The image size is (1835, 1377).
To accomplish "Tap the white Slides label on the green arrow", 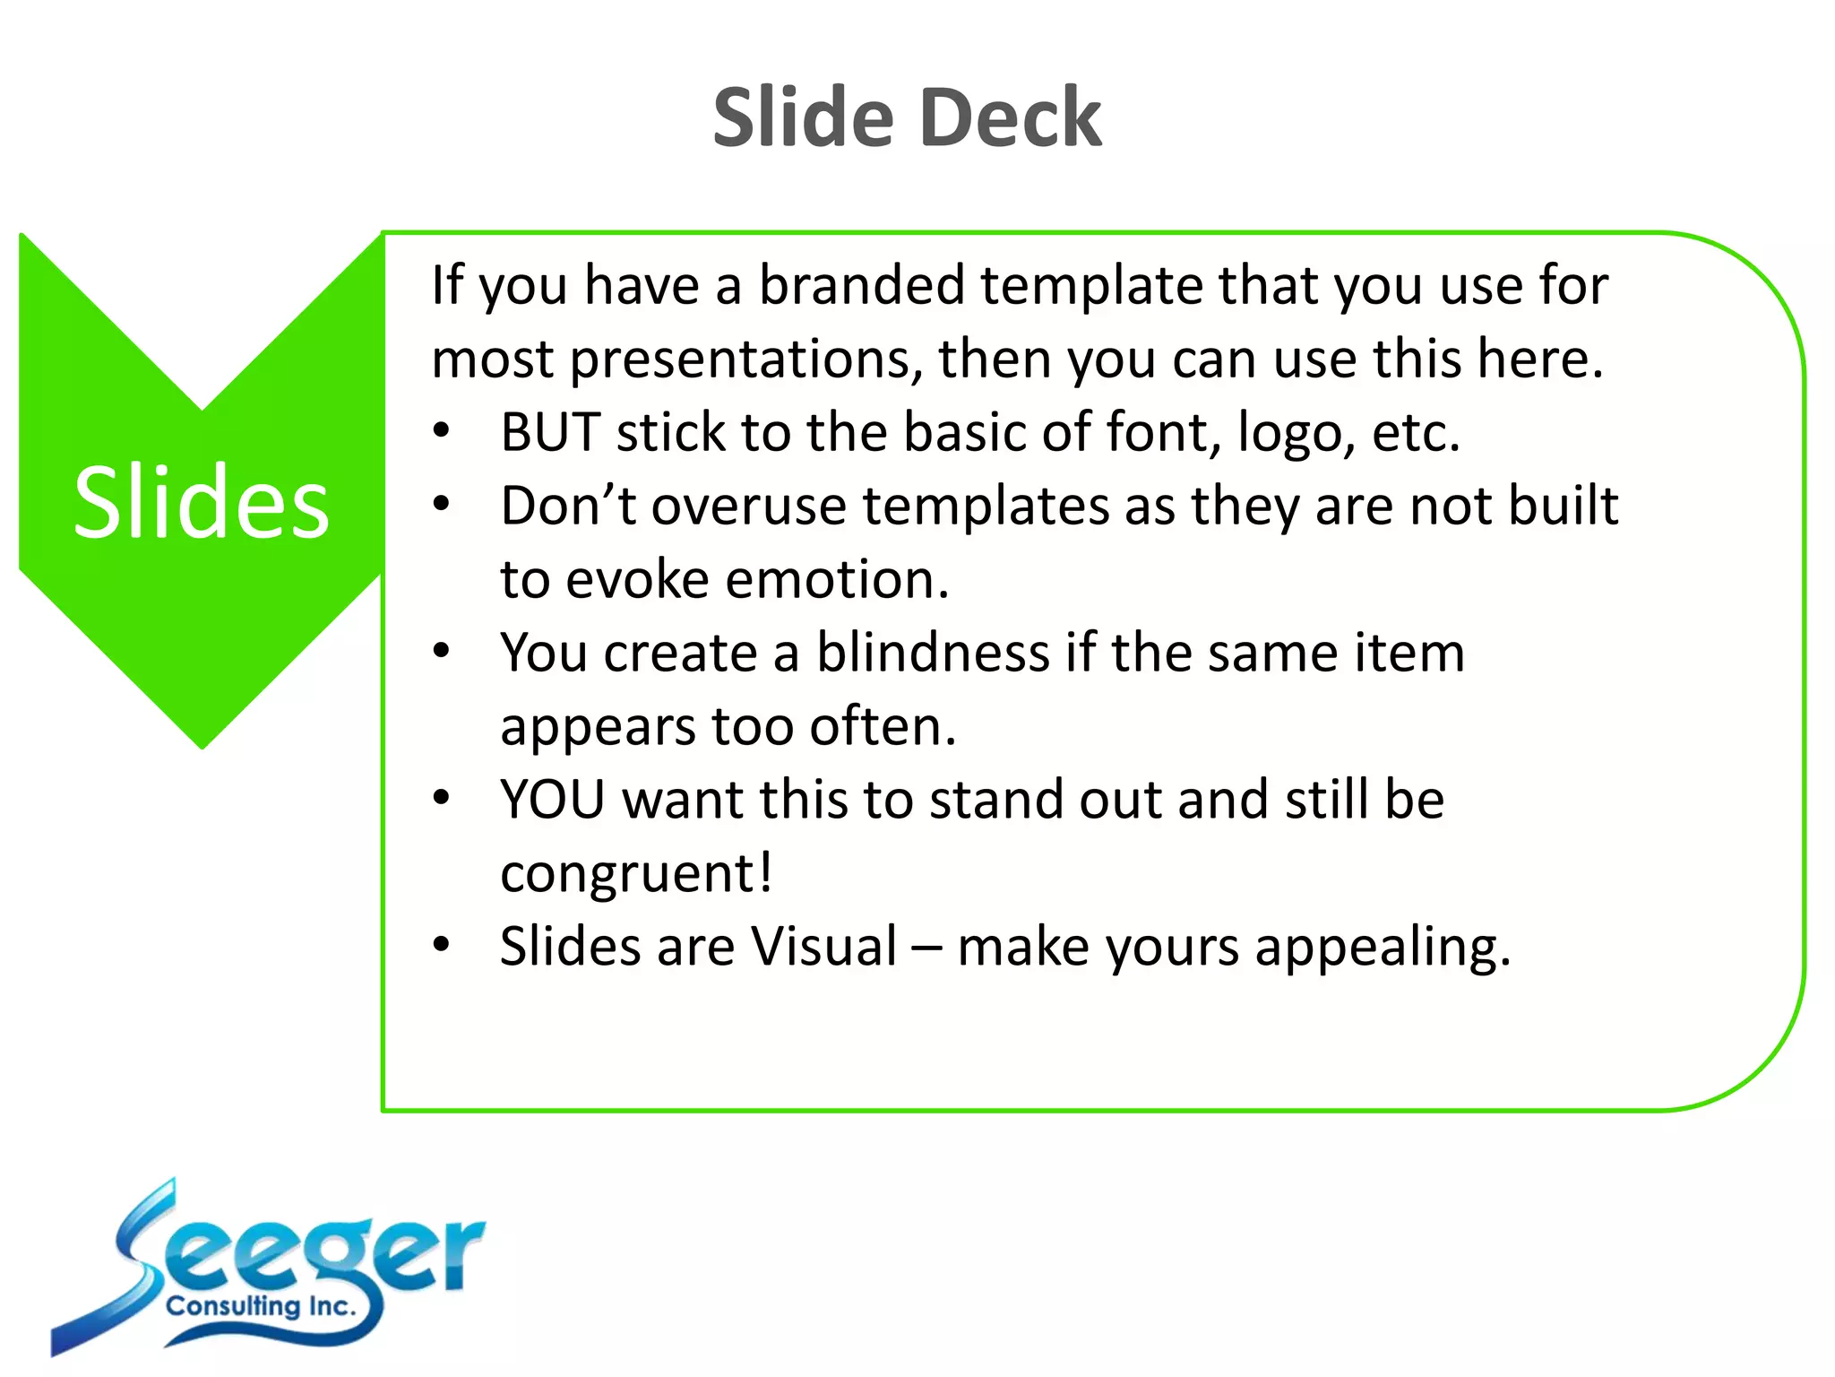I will pos(202,503).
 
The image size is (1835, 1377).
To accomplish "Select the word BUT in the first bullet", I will pos(549,433).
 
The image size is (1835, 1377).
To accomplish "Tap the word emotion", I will pos(837,580).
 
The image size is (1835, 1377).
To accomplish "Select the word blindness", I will pos(932,653).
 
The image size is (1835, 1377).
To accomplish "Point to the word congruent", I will pos(635,875).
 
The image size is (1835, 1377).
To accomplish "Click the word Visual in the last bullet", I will pos(823,947).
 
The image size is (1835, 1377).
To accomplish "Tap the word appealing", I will pos(1382,948).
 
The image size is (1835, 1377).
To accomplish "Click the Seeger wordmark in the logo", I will pos(305,1251).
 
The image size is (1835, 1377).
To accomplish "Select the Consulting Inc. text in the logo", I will pos(261,1306).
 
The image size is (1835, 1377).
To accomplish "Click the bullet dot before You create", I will pos(441,651).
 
